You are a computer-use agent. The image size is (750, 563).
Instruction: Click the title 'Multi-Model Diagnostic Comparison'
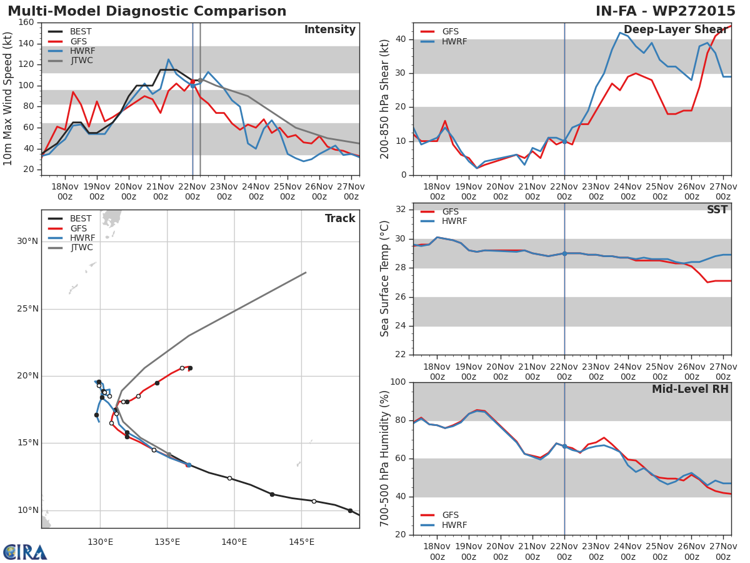point(147,11)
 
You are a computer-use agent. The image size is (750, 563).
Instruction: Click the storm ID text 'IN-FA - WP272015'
point(666,11)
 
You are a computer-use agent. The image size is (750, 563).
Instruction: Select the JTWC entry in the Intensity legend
point(81,61)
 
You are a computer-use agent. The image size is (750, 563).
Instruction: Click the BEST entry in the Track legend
point(81,219)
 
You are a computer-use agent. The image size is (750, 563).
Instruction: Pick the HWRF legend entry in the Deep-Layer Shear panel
point(454,41)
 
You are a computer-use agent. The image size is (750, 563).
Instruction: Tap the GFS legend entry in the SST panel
point(450,211)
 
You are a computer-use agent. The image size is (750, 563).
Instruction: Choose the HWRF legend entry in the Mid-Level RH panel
point(454,525)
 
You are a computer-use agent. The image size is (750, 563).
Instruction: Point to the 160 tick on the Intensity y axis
point(26,23)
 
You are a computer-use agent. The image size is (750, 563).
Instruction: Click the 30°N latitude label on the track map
point(27,241)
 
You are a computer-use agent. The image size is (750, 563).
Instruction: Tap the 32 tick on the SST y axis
point(401,209)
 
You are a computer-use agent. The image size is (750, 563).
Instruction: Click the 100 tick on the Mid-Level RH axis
point(397,382)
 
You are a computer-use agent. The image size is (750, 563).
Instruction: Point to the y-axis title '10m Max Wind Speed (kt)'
point(9,98)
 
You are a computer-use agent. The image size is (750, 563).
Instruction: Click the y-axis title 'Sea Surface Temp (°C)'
point(385,279)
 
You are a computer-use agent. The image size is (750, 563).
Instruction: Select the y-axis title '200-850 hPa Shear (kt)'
point(385,99)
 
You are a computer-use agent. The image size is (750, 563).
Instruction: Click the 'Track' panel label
point(340,218)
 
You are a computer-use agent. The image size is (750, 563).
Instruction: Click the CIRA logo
point(25,552)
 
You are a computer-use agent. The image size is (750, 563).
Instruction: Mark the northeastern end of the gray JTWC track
point(306,272)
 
